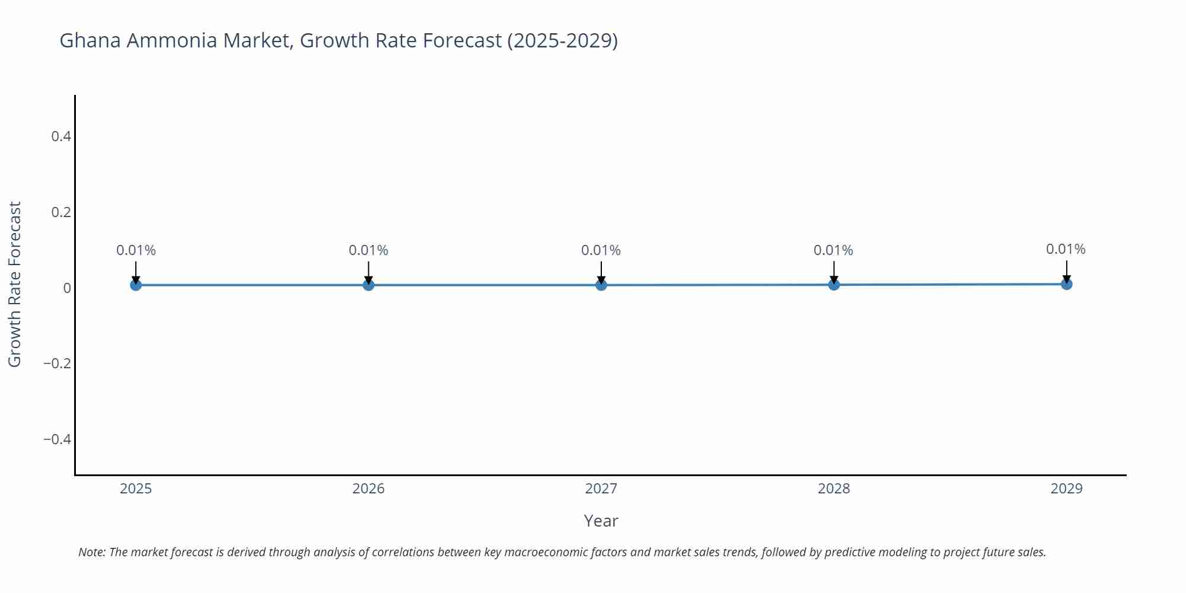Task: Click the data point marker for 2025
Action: [x=136, y=285]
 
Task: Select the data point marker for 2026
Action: [x=368, y=285]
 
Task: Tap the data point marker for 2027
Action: [x=601, y=285]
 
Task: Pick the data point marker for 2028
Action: [x=834, y=285]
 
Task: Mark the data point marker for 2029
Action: [x=1066, y=284]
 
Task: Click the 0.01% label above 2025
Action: [x=136, y=250]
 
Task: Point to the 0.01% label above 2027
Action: [x=601, y=250]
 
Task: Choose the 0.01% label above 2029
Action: [x=1066, y=249]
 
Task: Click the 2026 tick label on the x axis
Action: [x=368, y=489]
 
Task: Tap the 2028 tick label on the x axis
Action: [x=834, y=489]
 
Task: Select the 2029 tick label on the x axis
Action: [x=1066, y=489]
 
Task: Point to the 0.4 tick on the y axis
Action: [x=61, y=136]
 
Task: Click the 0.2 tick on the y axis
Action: [x=61, y=212]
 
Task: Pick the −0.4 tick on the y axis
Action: [x=57, y=439]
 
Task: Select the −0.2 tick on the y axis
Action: [x=57, y=363]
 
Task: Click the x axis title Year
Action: [x=601, y=521]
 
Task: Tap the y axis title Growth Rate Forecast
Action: [x=15, y=284]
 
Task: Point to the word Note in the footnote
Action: [x=91, y=552]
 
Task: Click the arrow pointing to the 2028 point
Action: [x=834, y=272]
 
